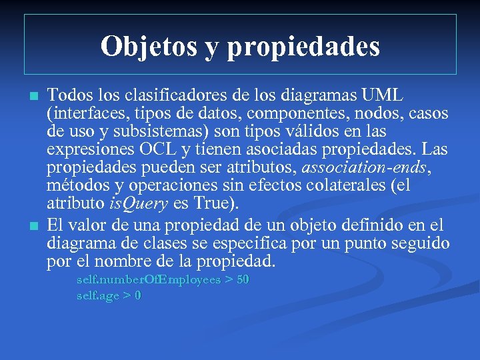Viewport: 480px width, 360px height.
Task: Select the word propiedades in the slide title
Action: click(x=303, y=47)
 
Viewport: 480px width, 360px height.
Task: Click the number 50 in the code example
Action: click(x=243, y=280)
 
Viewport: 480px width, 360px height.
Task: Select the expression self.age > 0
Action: click(x=109, y=296)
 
